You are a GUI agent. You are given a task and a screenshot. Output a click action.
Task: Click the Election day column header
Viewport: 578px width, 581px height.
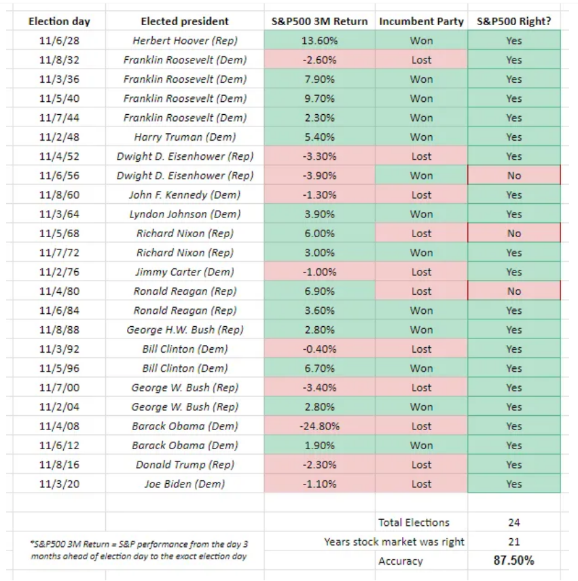(59, 22)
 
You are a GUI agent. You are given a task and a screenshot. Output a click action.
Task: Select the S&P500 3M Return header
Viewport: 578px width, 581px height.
(319, 22)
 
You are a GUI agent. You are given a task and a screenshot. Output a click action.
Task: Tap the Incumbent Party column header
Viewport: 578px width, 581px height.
(421, 22)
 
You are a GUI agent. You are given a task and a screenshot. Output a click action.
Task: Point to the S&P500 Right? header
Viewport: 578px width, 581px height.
(514, 22)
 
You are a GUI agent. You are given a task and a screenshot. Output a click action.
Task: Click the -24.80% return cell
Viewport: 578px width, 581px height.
(319, 426)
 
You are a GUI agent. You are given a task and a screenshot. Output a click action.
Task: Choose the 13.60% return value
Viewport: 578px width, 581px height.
(319, 41)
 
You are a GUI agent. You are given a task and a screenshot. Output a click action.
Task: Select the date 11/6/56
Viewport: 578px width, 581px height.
(59, 175)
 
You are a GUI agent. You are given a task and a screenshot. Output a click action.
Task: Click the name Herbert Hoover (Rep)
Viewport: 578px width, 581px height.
(185, 41)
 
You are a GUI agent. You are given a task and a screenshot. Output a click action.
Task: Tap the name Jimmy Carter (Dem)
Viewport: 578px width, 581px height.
(185, 272)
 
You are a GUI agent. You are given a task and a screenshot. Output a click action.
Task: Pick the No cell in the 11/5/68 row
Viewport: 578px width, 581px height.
(514, 234)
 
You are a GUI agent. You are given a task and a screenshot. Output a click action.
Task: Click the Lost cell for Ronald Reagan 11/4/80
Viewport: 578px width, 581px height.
(421, 292)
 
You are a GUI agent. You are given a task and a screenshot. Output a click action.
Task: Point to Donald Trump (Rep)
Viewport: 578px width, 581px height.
(185, 465)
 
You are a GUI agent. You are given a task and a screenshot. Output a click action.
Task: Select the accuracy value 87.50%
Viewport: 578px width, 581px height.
(514, 560)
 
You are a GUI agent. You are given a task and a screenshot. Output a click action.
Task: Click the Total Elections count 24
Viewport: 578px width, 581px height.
(514, 523)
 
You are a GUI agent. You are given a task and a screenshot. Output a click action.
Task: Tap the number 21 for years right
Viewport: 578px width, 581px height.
(514, 542)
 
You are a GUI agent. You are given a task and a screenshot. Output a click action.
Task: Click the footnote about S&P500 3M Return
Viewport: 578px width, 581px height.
(139, 550)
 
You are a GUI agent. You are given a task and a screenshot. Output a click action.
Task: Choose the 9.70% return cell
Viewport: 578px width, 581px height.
(319, 99)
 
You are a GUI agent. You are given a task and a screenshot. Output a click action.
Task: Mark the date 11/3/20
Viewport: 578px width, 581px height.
(59, 484)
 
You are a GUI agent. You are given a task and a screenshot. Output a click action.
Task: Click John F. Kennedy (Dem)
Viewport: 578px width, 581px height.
(185, 195)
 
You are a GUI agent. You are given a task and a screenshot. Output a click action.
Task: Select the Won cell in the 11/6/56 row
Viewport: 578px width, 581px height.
(421, 175)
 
